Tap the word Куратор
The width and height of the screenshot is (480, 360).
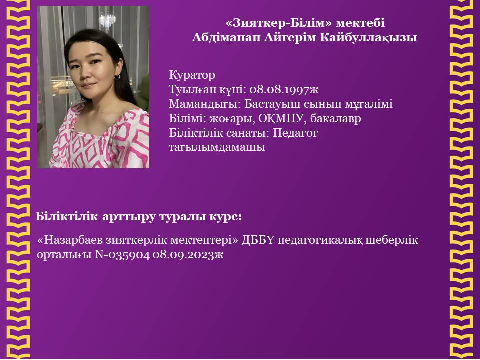click(x=192, y=75)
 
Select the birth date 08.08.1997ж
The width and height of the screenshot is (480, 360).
click(x=284, y=89)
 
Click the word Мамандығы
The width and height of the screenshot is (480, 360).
click(x=205, y=104)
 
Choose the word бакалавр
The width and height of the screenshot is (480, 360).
click(x=336, y=119)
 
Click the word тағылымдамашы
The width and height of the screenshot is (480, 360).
click(x=217, y=148)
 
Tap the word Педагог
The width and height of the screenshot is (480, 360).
click(x=295, y=133)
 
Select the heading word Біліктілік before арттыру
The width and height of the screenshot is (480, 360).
click(x=66, y=216)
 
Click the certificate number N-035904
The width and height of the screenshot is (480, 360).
click(x=122, y=254)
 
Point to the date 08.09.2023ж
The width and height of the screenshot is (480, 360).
click(x=188, y=254)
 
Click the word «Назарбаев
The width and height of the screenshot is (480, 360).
click(x=70, y=240)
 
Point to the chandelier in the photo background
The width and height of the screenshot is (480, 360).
click(x=107, y=20)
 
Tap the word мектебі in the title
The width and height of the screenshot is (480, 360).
click(x=360, y=23)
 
